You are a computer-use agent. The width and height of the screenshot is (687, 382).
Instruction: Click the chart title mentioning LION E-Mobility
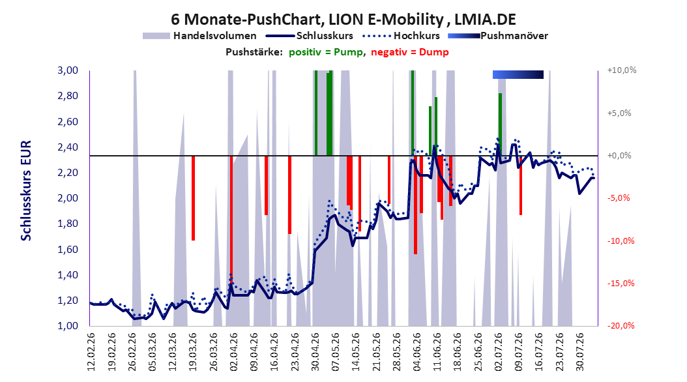click(343, 20)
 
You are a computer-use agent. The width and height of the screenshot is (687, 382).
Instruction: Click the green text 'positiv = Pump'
click(326, 52)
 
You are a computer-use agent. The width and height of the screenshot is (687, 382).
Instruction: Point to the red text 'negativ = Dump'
click(410, 52)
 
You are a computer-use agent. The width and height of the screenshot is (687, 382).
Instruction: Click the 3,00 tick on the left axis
click(68, 70)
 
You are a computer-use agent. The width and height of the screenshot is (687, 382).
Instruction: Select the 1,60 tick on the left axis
click(68, 249)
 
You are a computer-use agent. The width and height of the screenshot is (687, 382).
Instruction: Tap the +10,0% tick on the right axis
click(622, 70)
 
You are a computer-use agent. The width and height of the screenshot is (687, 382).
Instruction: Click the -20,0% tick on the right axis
click(621, 325)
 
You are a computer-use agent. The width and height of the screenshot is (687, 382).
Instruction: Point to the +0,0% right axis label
click(619, 156)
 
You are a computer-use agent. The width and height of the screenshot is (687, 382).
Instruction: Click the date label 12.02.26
click(91, 351)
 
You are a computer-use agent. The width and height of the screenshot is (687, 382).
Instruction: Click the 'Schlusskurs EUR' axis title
click(26, 190)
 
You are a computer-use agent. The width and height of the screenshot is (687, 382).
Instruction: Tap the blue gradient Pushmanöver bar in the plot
click(518, 74)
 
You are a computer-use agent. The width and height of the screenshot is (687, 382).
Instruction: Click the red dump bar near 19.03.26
click(193, 198)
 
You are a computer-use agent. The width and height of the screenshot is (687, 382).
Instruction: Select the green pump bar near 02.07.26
click(500, 125)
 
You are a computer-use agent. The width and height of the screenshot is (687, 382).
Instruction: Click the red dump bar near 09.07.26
click(521, 185)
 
